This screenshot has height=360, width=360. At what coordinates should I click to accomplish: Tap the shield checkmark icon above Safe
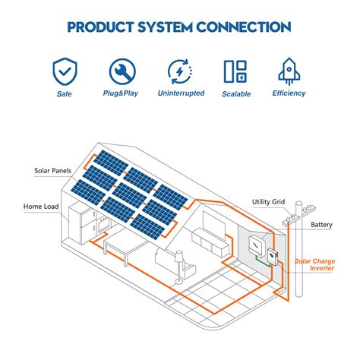pyautogui.click(x=65, y=71)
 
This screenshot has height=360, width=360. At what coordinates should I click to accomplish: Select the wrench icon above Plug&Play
pyautogui.click(x=122, y=71)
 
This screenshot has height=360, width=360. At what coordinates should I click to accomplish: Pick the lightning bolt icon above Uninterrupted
pyautogui.click(x=180, y=71)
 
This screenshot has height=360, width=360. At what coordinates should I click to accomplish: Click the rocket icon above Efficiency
pyautogui.click(x=289, y=71)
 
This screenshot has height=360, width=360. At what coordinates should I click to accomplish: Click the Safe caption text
pyautogui.click(x=65, y=94)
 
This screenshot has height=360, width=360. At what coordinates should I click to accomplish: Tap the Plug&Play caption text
pyautogui.click(x=122, y=94)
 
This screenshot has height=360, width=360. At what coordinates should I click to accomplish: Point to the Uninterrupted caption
pyautogui.click(x=180, y=94)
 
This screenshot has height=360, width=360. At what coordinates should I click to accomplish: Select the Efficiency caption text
pyautogui.click(x=289, y=93)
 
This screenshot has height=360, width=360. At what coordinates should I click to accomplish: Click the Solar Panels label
pyautogui.click(x=52, y=171)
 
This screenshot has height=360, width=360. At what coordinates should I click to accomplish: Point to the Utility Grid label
pyautogui.click(x=268, y=202)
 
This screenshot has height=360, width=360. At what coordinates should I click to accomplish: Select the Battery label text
pyautogui.click(x=321, y=226)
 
